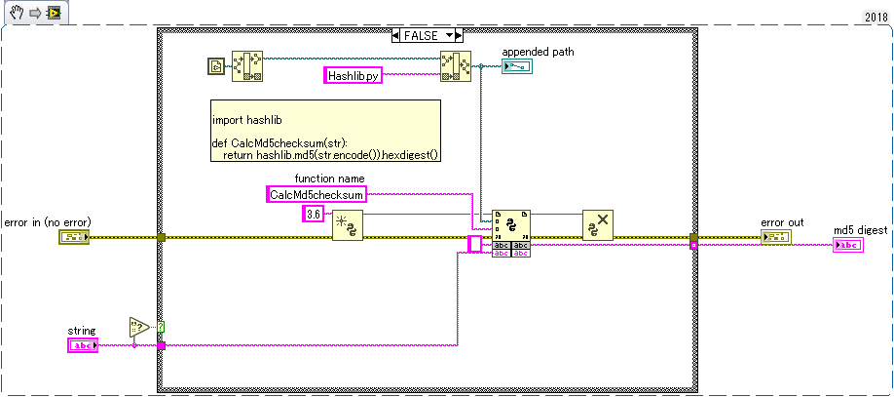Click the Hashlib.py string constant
[x=353, y=75]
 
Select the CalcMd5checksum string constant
[x=317, y=194]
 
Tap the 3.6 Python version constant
[x=313, y=215]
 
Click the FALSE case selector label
[x=428, y=36]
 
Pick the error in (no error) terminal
[x=74, y=237]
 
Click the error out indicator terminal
[x=775, y=237]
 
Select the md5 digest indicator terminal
[x=848, y=245]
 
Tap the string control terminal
[x=83, y=345]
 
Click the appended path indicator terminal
[x=516, y=67]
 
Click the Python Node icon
[x=511, y=225]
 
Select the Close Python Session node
[x=598, y=225]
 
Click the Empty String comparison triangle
[x=138, y=328]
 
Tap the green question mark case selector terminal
[x=161, y=328]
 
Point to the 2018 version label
[x=875, y=18]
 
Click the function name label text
[x=329, y=179]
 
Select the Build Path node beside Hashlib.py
[x=456, y=67]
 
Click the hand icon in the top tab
[x=18, y=12]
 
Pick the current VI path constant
[x=215, y=67]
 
